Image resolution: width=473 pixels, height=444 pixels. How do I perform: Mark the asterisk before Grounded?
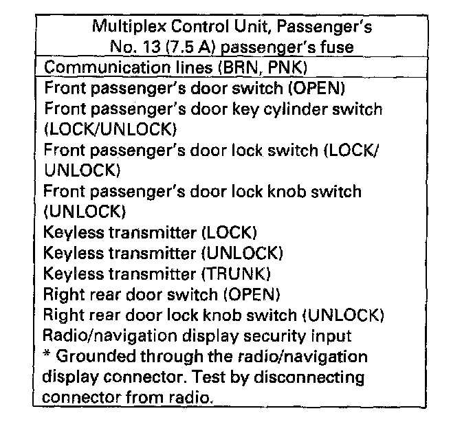(x=46, y=355)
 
